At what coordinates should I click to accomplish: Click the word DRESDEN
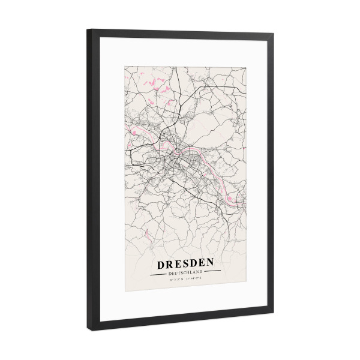point(185,263)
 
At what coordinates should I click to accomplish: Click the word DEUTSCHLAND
point(186,273)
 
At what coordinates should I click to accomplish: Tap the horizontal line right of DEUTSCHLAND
point(213,273)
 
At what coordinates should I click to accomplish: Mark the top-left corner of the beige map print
point(124,61)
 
